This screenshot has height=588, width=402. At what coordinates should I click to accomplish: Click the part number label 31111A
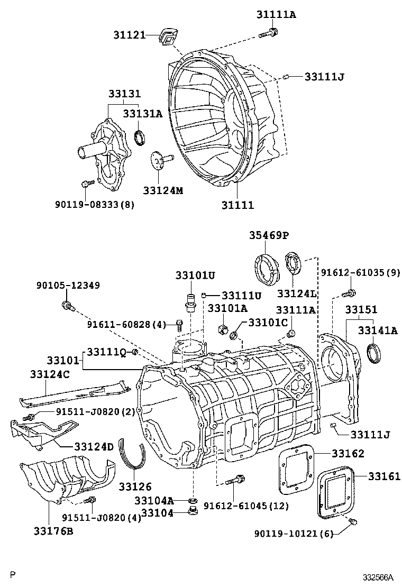(277, 14)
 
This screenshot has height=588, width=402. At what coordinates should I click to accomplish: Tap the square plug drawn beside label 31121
(168, 38)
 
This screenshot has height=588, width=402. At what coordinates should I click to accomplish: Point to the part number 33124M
(163, 190)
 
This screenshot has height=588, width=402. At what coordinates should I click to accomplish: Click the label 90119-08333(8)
(94, 204)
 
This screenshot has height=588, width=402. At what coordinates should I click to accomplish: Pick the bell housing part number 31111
(237, 204)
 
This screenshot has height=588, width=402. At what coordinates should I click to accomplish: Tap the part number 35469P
(270, 235)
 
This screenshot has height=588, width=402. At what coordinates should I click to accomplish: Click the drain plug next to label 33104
(193, 512)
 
